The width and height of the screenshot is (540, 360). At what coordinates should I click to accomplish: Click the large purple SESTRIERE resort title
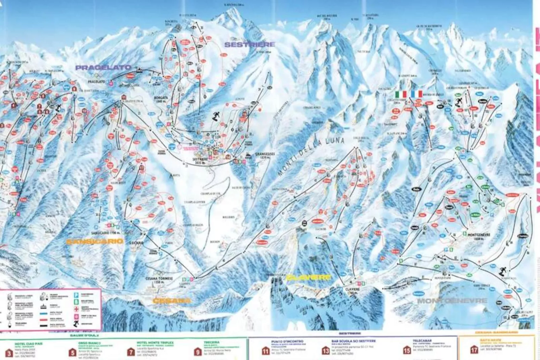tap(249, 44)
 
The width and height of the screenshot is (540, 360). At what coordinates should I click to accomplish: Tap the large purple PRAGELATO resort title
tap(103, 68)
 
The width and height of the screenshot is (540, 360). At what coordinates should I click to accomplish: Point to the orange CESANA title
tap(171, 300)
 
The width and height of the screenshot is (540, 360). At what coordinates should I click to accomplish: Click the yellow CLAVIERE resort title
tap(308, 278)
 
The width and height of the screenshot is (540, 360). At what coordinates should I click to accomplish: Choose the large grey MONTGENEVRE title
tap(452, 300)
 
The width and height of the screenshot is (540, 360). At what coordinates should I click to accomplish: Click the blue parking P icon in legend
tap(76, 295)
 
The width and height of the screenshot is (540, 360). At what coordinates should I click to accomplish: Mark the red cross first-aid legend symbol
tap(76, 309)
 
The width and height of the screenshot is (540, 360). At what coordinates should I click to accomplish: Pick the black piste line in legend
tap(44, 325)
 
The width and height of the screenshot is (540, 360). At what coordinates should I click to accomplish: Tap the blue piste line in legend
tap(44, 314)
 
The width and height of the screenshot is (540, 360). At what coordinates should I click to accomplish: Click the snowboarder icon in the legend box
tap(76, 324)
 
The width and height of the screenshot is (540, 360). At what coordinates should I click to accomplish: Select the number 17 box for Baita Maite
tap(474, 350)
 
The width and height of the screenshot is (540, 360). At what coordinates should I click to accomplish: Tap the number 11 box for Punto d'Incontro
tap(266, 350)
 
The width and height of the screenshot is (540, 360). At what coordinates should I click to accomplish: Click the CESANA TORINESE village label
tap(164, 279)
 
